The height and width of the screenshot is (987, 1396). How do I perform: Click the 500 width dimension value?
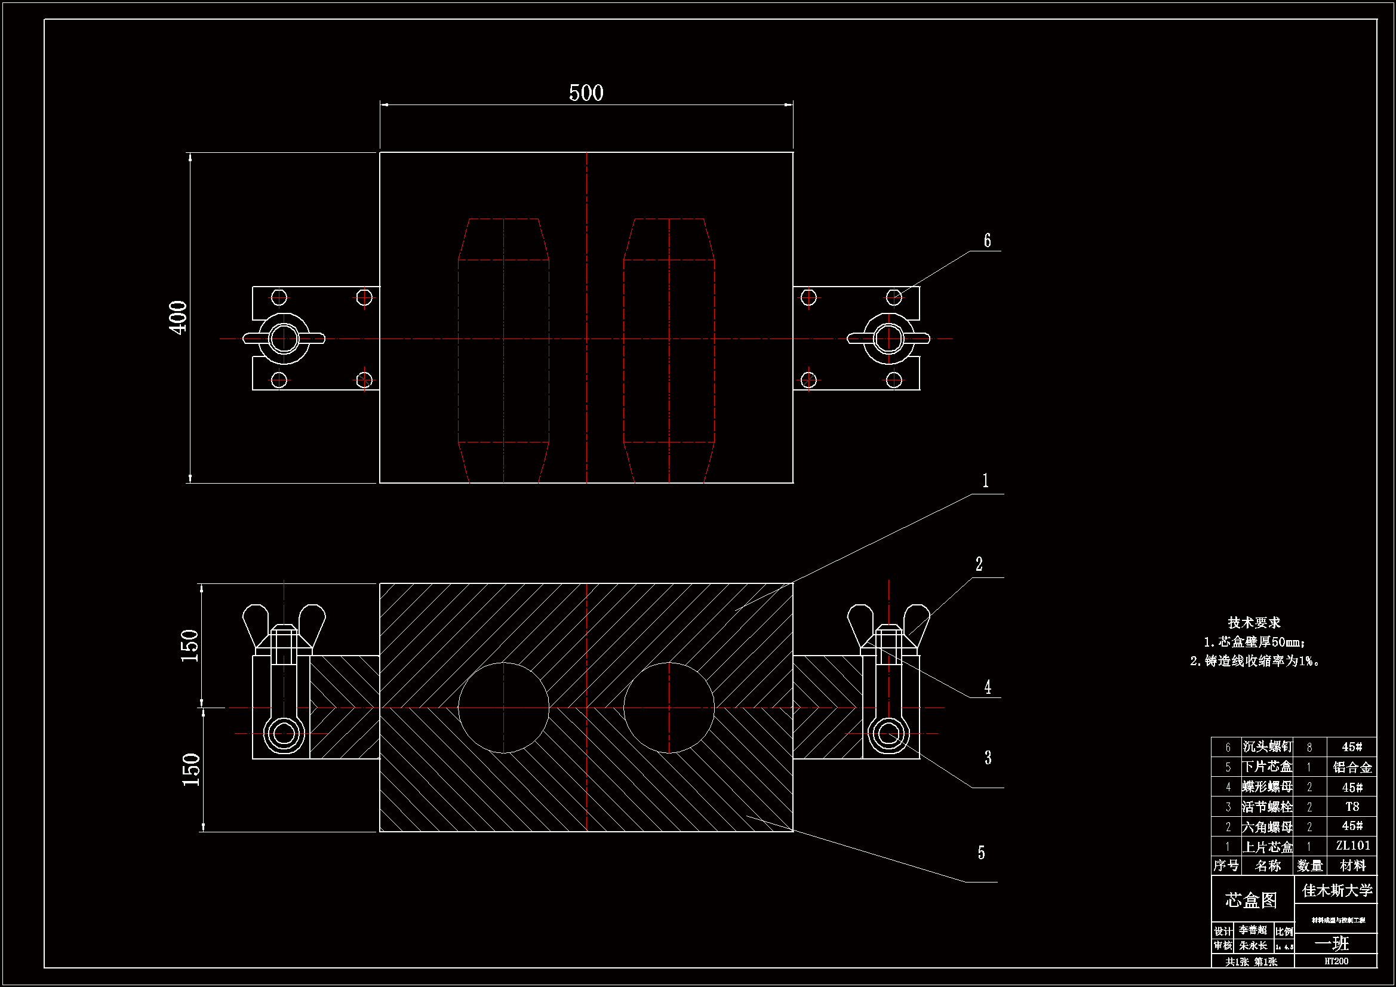tap(586, 93)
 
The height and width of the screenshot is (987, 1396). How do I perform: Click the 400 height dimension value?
tap(178, 318)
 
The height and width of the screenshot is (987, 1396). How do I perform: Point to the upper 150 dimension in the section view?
tap(190, 645)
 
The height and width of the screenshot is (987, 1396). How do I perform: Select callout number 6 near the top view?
tap(988, 241)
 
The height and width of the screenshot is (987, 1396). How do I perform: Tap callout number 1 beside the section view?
tap(986, 481)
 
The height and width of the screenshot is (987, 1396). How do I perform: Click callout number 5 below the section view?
tap(982, 853)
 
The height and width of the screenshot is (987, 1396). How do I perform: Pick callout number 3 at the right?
tap(988, 758)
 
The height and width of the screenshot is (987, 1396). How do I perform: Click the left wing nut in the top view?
tap(284, 339)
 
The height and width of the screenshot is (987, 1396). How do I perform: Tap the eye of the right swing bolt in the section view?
tap(888, 733)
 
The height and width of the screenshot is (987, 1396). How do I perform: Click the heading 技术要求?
tap(1254, 623)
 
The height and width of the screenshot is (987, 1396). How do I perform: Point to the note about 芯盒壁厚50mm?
tap(1254, 642)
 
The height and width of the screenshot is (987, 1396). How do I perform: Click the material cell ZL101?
tap(1353, 845)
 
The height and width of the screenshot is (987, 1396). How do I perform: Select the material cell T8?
tap(1352, 807)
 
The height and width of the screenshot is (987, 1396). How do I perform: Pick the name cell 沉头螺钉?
tap(1267, 747)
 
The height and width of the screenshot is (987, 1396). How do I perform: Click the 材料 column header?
tap(1353, 865)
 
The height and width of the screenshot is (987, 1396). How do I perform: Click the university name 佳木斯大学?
tap(1337, 891)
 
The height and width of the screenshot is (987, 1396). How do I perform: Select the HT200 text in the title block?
tap(1336, 961)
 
